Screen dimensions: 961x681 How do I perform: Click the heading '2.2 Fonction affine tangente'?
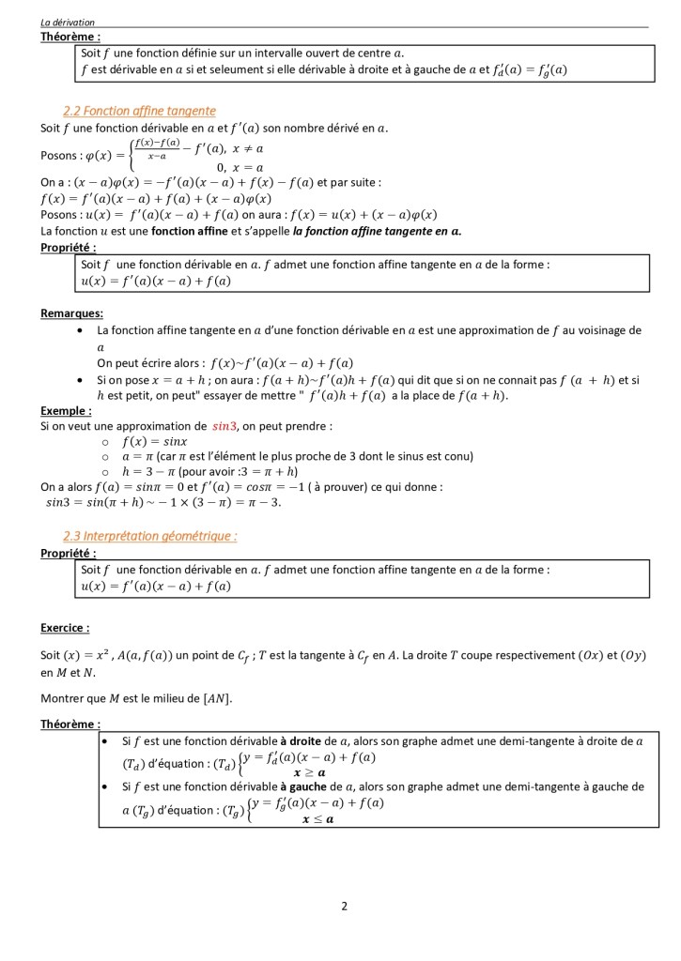click(139, 111)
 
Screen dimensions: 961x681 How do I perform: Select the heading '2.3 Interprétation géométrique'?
click(149, 536)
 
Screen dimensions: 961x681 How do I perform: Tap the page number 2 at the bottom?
click(345, 907)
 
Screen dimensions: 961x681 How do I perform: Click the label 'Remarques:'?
click(72, 313)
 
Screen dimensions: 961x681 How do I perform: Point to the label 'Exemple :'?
click(67, 410)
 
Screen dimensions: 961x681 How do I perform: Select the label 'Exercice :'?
click(66, 627)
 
